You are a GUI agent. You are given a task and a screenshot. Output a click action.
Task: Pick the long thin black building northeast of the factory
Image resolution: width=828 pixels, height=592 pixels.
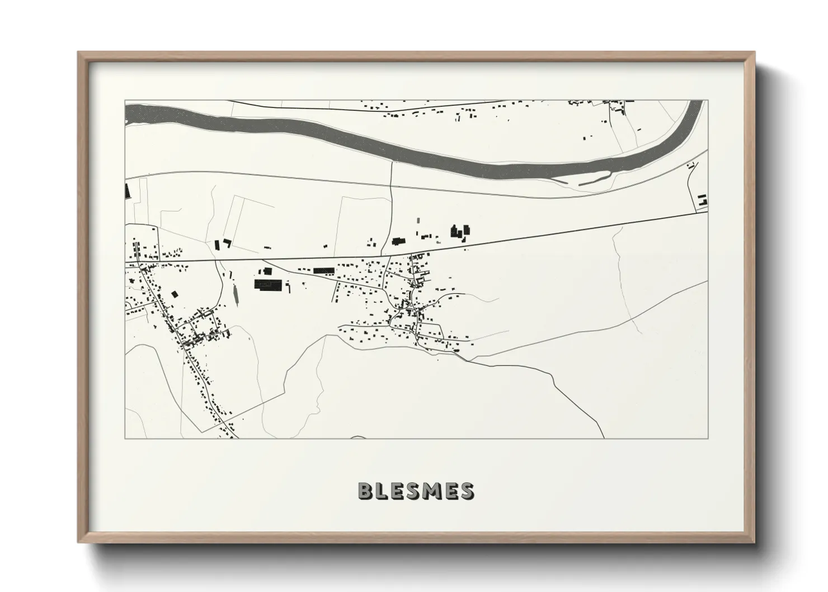323,271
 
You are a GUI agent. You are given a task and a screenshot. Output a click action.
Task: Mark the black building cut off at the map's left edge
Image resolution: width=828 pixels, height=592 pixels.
127,191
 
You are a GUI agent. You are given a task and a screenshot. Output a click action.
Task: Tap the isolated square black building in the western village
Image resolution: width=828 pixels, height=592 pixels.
174,294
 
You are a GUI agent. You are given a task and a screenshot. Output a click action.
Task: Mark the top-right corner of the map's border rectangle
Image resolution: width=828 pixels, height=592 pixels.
708,101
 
